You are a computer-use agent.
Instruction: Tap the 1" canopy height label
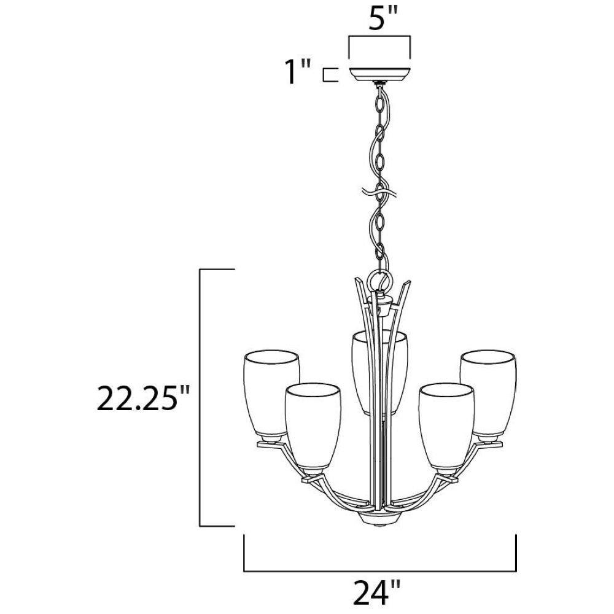pyautogui.click(x=298, y=72)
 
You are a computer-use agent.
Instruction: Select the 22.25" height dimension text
pyautogui.click(x=143, y=398)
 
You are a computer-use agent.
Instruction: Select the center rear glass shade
pyautogui.click(x=379, y=373)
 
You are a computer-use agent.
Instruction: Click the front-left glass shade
pyautogui.click(x=313, y=426)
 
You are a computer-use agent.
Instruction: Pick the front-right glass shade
pyautogui.click(x=446, y=426)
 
